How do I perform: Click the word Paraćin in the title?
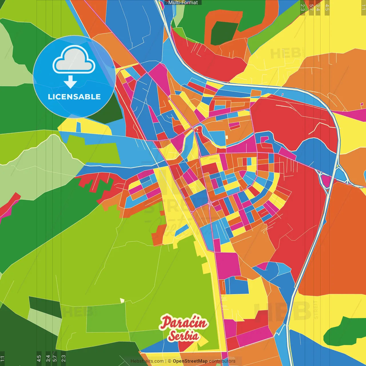point(184,323)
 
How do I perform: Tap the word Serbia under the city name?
point(183,336)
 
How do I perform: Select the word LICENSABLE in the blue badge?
point(74,97)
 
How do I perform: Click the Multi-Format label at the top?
point(183,3)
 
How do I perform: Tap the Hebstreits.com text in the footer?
point(147,361)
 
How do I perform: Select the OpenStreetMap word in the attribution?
point(190,361)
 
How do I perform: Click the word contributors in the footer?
point(222,361)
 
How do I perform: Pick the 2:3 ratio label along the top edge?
point(303,7)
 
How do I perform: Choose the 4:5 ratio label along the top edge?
point(327,7)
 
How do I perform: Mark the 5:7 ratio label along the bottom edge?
point(55,358)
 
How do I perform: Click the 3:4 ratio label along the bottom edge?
point(48,358)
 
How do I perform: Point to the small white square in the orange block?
point(226,137)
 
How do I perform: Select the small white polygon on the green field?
point(122,300)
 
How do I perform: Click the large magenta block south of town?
point(228,265)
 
